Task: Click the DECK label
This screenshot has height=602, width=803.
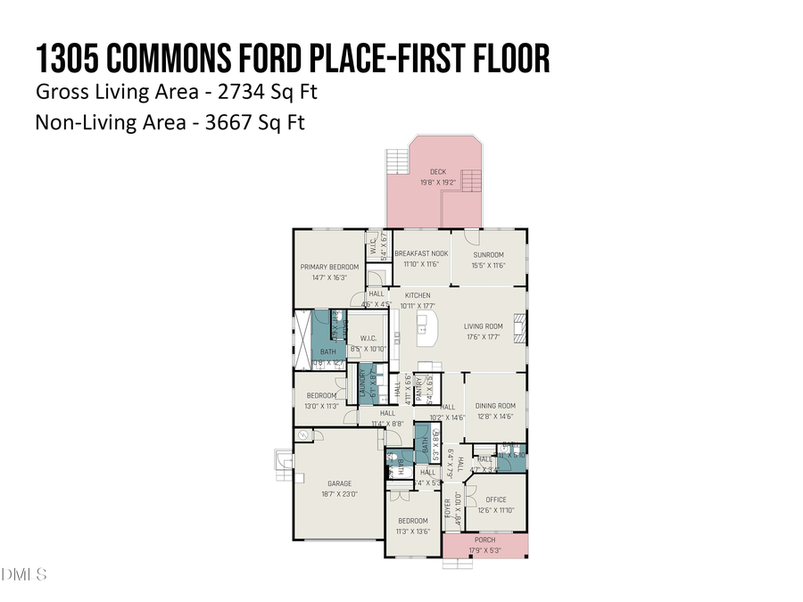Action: pyautogui.click(x=437, y=172)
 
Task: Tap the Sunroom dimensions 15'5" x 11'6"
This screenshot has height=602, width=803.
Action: pyautogui.click(x=488, y=265)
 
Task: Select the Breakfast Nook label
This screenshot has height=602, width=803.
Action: pyautogui.click(x=421, y=254)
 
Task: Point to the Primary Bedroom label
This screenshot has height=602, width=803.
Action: pyautogui.click(x=329, y=267)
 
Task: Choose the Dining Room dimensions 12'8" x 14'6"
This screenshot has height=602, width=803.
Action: pyautogui.click(x=494, y=416)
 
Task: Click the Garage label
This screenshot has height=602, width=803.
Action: pyautogui.click(x=339, y=484)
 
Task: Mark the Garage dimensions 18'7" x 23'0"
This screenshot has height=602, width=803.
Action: pyautogui.click(x=339, y=494)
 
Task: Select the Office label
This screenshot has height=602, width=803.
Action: pyautogui.click(x=495, y=499)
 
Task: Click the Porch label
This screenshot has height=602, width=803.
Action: pyautogui.click(x=484, y=540)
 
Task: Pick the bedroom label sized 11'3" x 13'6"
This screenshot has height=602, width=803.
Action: pyautogui.click(x=413, y=521)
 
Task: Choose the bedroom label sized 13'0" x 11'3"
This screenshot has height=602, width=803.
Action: pyautogui.click(x=321, y=395)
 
